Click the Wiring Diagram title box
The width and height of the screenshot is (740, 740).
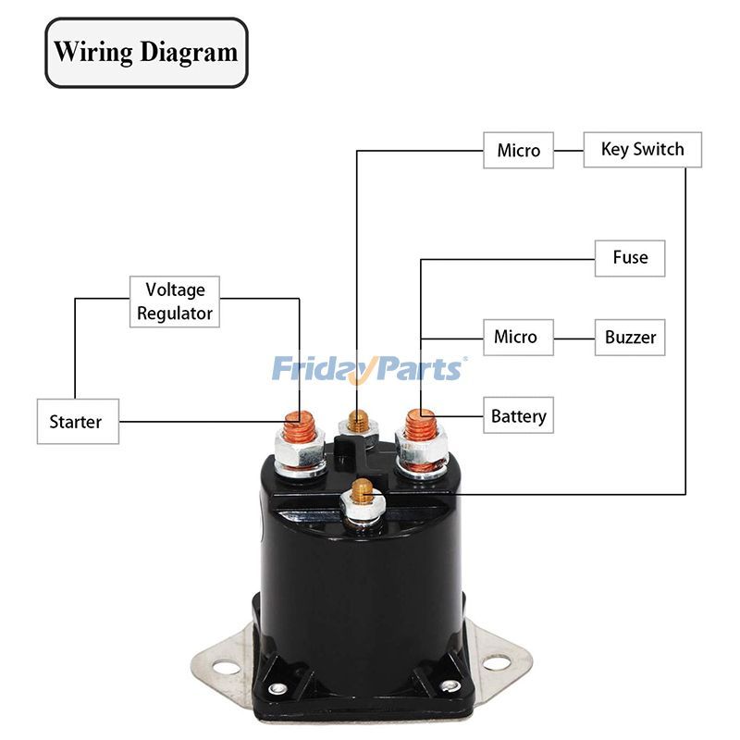146,53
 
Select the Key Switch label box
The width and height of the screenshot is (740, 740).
642,150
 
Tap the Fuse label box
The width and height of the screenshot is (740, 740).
630,257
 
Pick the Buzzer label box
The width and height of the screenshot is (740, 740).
630,337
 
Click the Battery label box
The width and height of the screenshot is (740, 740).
518,416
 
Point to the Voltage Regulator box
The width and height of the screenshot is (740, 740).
175,302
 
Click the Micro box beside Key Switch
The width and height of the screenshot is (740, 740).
518,151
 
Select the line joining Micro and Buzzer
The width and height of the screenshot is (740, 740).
573,337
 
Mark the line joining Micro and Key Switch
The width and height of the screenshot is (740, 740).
568,150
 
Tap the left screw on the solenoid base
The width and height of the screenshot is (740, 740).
276,688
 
